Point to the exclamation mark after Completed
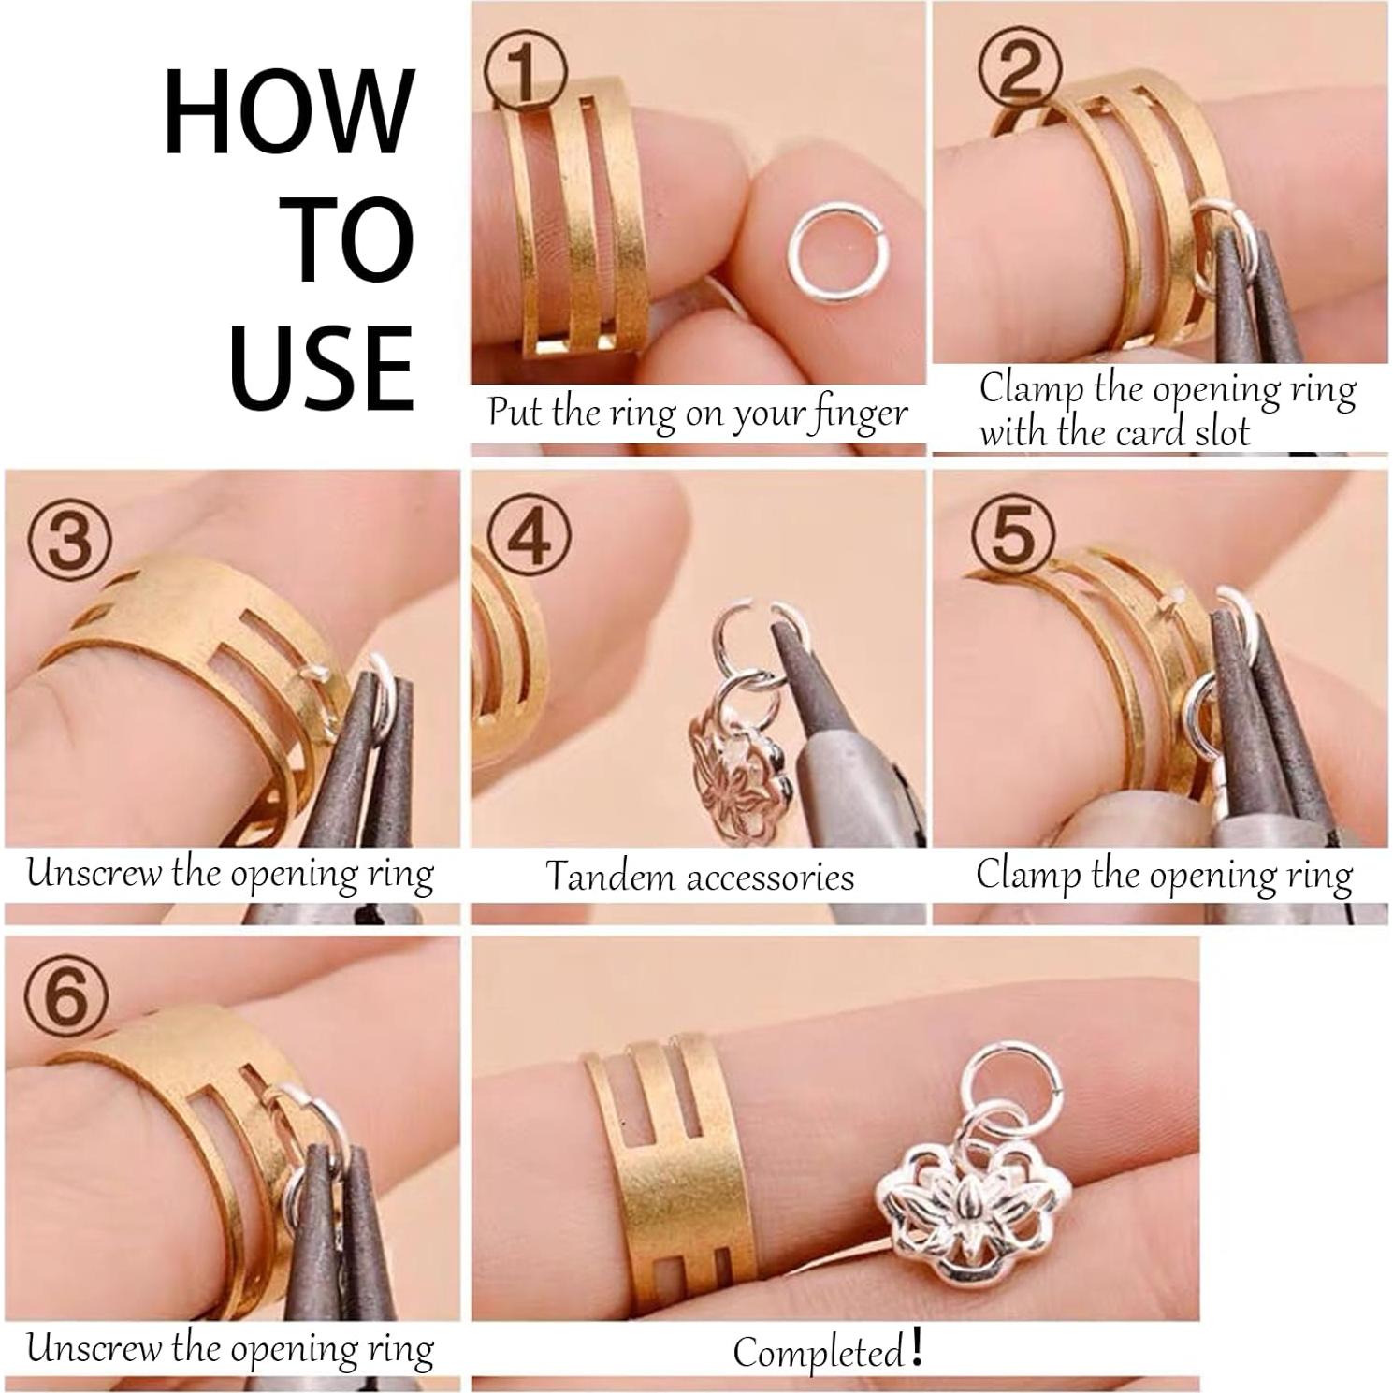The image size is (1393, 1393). click(916, 1346)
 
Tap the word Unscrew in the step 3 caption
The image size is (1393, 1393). click(94, 874)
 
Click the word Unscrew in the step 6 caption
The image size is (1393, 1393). click(94, 1348)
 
